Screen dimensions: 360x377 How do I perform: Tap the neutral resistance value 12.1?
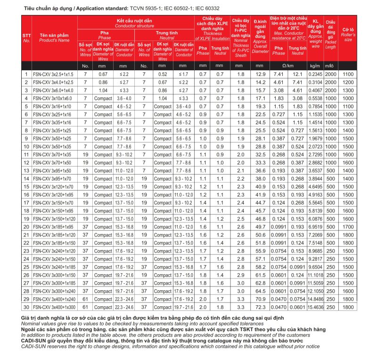click(297, 74)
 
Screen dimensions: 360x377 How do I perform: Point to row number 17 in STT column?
click(26, 203)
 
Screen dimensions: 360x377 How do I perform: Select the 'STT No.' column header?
click(26, 38)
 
